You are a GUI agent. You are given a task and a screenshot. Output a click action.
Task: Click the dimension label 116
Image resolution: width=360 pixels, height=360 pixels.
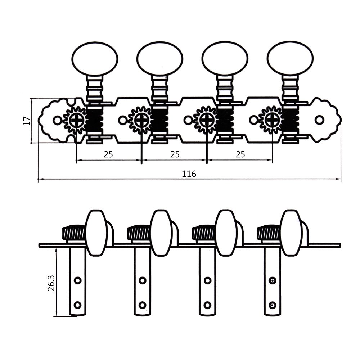click(x=189, y=174)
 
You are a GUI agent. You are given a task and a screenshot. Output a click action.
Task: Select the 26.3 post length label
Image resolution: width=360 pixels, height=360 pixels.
click(x=50, y=283)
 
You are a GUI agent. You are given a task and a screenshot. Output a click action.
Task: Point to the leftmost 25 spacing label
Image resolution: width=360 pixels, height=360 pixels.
click(x=108, y=154)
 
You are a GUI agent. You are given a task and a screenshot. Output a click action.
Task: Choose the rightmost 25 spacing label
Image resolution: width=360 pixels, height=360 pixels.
click(x=240, y=154)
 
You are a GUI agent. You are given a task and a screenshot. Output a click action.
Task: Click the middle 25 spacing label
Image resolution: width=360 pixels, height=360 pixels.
click(x=175, y=154)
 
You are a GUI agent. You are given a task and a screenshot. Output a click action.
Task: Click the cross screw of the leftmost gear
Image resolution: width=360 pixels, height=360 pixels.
click(x=76, y=120)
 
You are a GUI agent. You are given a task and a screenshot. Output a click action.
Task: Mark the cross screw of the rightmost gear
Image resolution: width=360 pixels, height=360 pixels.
click(x=272, y=120)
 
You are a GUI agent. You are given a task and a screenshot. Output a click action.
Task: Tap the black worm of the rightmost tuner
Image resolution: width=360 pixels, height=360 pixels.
click(x=291, y=120)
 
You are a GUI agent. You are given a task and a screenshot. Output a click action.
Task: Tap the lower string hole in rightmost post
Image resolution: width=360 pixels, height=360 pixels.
click(x=273, y=305)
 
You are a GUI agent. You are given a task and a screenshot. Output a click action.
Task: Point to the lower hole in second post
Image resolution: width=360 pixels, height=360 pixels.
click(x=143, y=305)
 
